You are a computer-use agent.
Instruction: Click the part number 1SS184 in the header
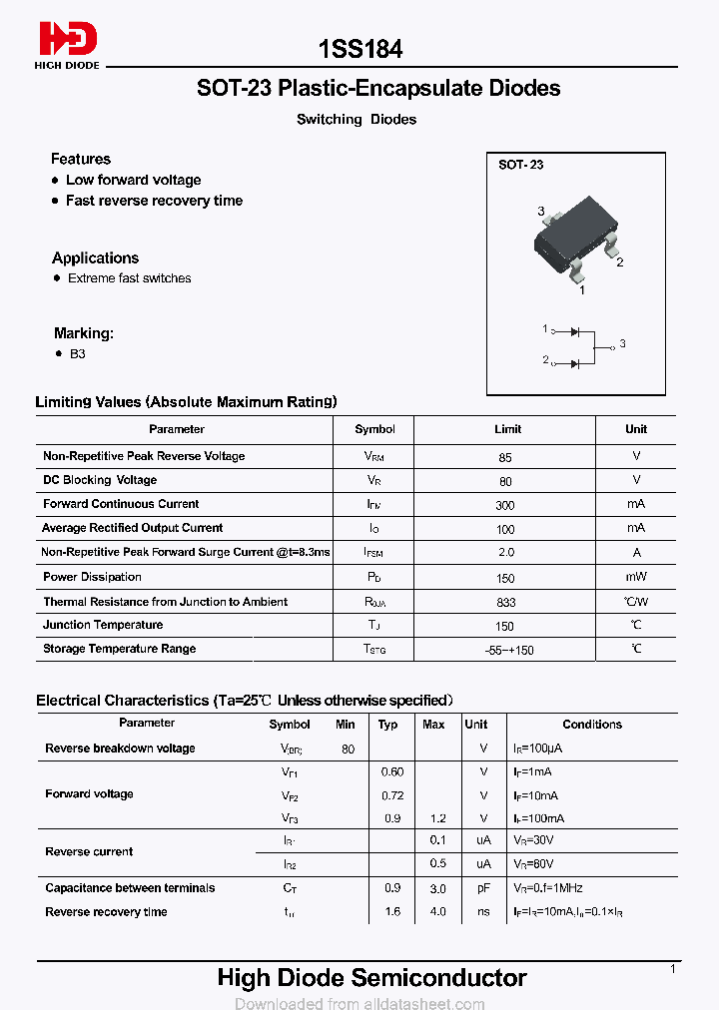point(360,48)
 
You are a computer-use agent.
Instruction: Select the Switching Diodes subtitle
point(357,120)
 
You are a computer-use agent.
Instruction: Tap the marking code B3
point(78,354)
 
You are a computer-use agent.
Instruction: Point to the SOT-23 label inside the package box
point(521,165)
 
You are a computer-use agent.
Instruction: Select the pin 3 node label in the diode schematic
point(622,344)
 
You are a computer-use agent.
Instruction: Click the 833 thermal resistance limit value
point(505,603)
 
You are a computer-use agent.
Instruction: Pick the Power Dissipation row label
point(92,577)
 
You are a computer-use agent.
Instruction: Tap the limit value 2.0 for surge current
point(505,553)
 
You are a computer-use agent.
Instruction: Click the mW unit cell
point(636,577)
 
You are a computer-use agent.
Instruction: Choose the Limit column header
point(507,429)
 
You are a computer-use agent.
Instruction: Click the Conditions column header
point(592,725)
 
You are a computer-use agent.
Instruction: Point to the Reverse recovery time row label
point(106,912)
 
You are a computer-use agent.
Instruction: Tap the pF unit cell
point(483,888)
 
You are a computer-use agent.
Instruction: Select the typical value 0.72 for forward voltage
point(392,795)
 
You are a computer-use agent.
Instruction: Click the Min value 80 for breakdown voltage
point(348,749)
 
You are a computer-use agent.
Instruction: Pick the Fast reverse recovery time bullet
point(154,201)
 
